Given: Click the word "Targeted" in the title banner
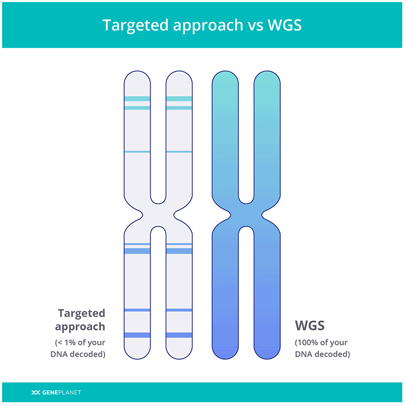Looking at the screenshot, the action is tap(135, 26).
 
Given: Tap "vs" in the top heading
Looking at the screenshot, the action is tap(255, 26).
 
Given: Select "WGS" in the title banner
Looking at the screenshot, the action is tap(285, 25).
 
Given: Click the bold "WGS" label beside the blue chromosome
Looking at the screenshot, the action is tap(310, 325).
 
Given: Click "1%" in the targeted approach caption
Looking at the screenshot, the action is tap(70, 342).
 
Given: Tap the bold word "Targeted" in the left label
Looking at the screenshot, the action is tap(81, 313).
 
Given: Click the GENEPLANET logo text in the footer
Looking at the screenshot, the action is tap(61, 392).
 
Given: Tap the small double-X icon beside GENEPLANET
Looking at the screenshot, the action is tap(36, 392).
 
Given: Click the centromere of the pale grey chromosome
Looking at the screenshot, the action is tap(158, 215).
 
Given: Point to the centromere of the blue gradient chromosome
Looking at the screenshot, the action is tap(246, 215).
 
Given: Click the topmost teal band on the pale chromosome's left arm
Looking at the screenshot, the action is tap(137, 98).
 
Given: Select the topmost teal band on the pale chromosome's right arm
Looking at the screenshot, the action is tap(179, 98).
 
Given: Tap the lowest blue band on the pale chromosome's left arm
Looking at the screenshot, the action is tap(137, 335).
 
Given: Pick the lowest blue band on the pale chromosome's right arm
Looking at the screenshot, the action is tap(179, 335).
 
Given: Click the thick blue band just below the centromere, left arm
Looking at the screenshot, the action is tap(137, 251).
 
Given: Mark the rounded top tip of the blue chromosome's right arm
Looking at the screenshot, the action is tap(267, 72).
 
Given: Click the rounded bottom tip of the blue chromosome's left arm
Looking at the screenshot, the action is tap(225, 358).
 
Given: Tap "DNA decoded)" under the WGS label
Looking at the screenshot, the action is tap(322, 354).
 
